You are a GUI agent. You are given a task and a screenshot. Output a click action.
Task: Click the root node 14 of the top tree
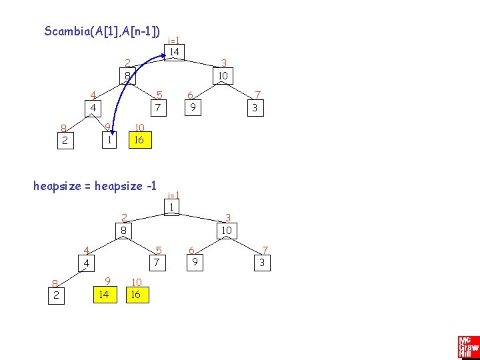[174, 52]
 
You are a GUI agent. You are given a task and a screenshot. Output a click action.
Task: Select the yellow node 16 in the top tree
[139, 140]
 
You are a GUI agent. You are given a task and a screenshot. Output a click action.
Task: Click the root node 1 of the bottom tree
[171, 207]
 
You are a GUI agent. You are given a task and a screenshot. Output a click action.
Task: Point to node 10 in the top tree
[223, 76]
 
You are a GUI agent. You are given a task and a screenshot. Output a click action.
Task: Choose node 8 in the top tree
[127, 76]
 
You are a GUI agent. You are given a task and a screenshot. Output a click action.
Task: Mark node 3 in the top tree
[253, 107]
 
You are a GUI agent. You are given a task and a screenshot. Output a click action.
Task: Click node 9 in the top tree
[192, 107]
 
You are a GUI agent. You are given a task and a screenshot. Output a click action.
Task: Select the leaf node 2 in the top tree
[64, 140]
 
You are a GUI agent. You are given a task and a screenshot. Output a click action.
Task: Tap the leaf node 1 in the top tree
[107, 140]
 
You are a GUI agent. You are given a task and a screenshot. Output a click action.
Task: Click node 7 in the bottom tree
[157, 263]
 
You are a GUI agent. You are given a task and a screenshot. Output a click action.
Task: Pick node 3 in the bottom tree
[263, 263]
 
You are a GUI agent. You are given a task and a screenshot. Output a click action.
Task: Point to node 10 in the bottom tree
[227, 231]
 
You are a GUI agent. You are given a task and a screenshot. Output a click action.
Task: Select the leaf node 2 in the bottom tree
[56, 295]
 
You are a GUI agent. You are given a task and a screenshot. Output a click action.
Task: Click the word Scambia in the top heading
[65, 31]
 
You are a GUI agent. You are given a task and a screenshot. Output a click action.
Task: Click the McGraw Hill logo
[468, 347]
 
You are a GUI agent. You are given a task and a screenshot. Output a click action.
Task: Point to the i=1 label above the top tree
[175, 39]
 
